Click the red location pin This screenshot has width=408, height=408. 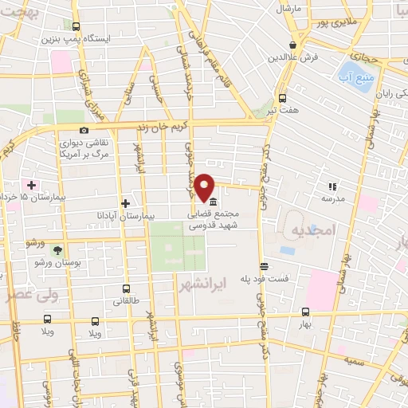[x=205, y=185]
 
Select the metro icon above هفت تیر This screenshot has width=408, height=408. [x=282, y=98]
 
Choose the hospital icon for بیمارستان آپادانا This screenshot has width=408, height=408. [x=124, y=203]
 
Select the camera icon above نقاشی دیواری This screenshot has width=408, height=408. [x=84, y=130]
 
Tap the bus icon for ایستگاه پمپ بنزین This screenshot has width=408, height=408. [x=76, y=26]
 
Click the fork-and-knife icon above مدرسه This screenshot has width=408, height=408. [x=331, y=186]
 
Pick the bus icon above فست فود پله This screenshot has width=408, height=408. [x=264, y=266]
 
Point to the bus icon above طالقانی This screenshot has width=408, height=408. [x=126, y=289]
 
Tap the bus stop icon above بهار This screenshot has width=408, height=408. [x=306, y=312]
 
